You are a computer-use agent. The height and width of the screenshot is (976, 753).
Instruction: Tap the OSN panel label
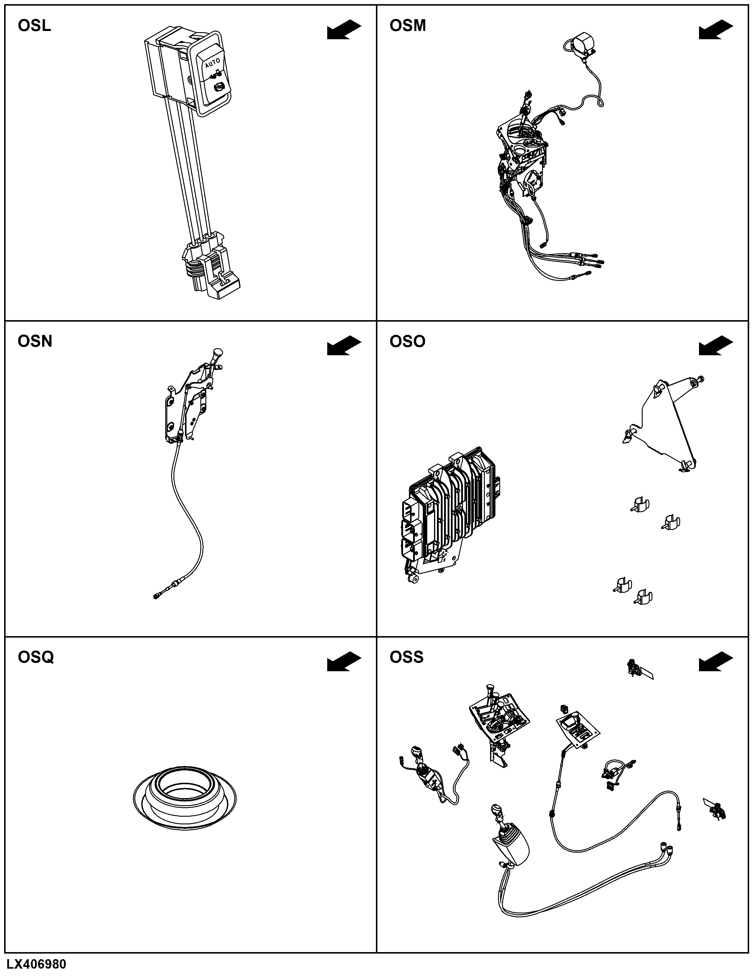(x=35, y=341)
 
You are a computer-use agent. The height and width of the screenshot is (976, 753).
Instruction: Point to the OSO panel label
(x=407, y=341)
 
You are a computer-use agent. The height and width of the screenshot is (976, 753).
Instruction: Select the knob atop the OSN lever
(x=218, y=353)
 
